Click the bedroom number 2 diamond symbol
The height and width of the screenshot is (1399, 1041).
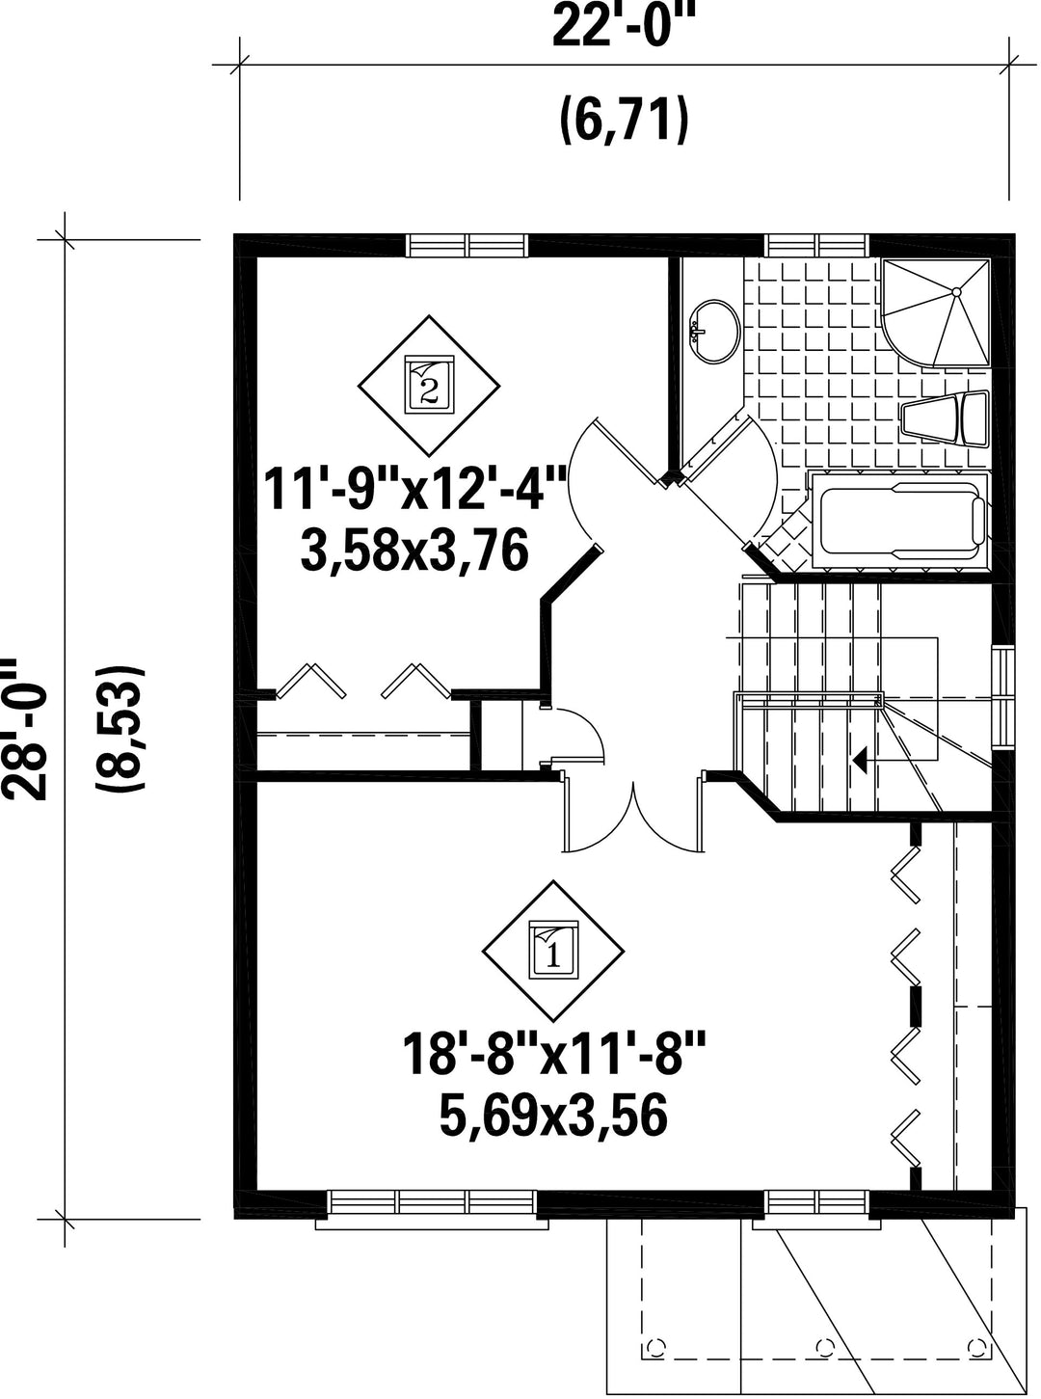429,385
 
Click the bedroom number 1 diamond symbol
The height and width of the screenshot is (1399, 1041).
553,951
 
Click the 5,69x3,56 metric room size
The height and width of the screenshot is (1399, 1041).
553,1116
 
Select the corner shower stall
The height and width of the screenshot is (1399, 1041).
936,311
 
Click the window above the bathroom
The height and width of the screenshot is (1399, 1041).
817,245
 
